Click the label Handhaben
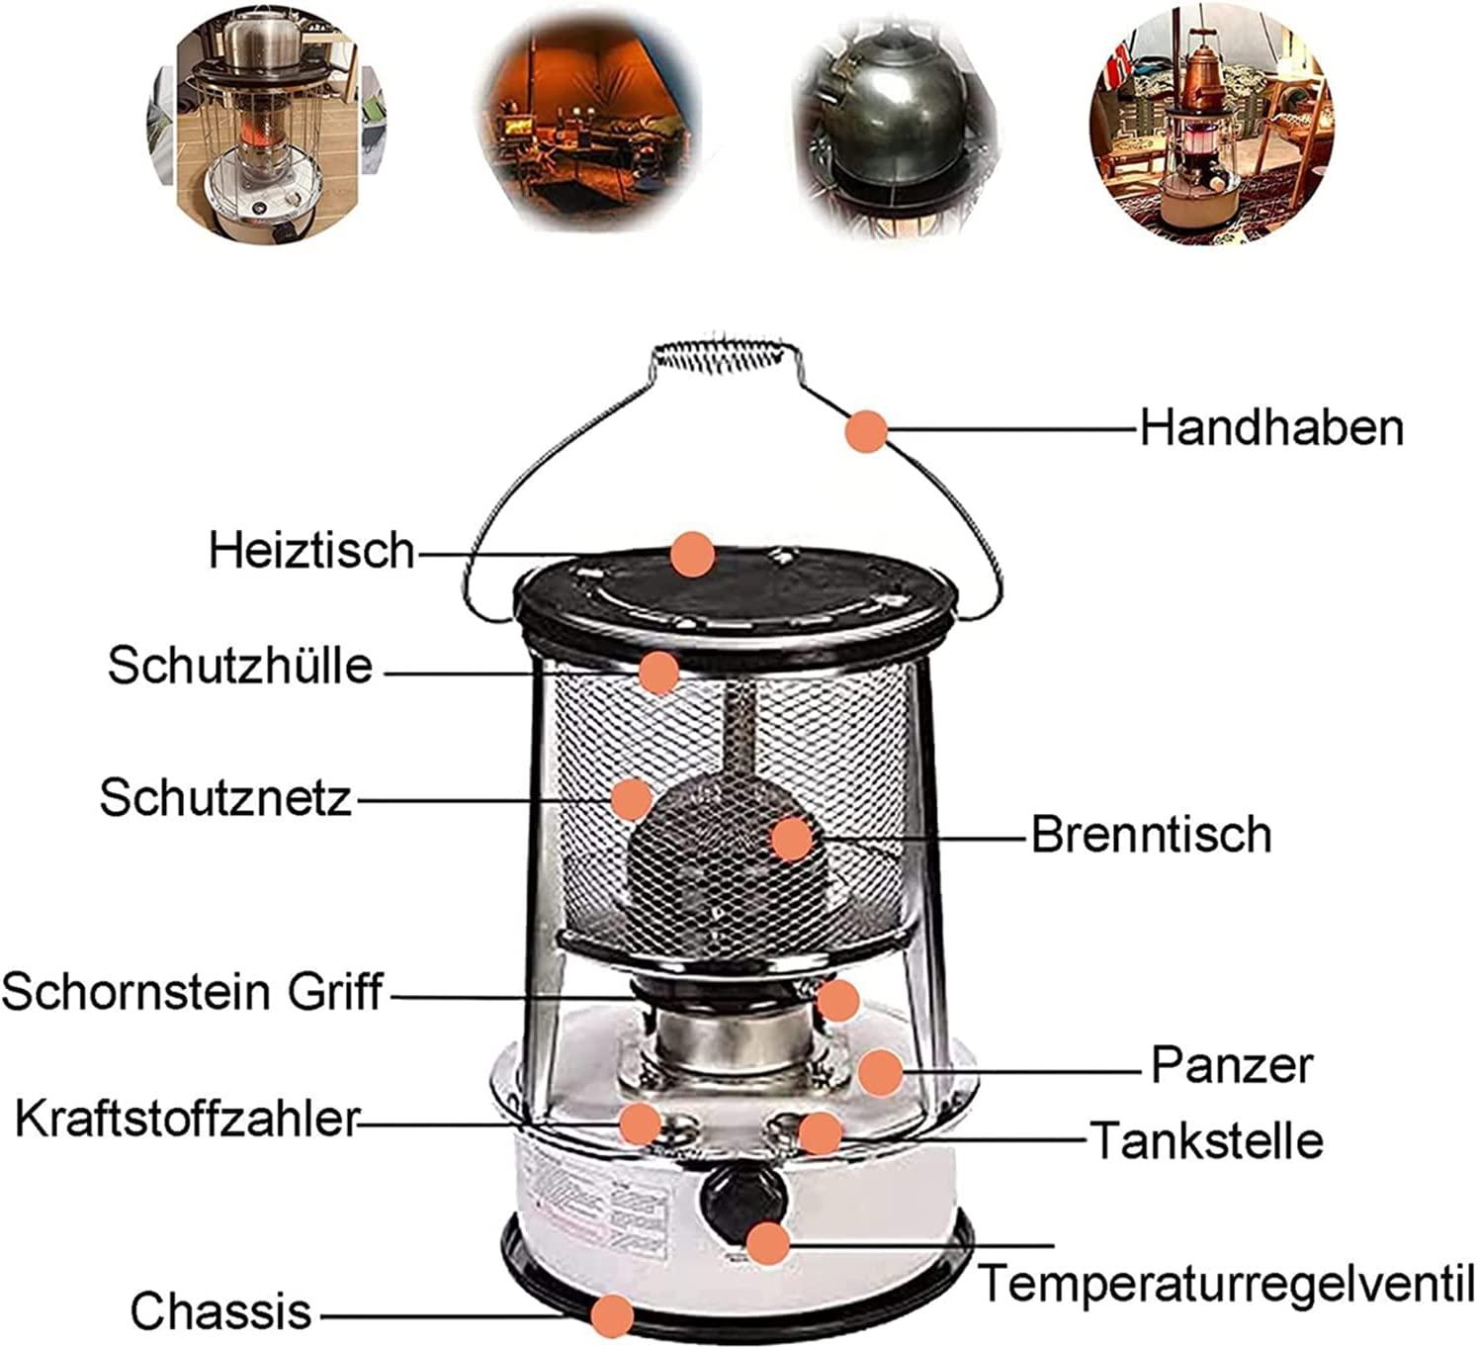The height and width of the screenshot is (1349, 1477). [x=1271, y=427]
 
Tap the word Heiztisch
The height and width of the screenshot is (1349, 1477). [x=312, y=550]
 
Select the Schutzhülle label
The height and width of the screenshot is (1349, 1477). [x=240, y=666]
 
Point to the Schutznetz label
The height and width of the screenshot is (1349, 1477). [x=225, y=798]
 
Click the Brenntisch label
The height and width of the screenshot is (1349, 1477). [x=1152, y=834]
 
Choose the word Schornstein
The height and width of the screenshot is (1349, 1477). [x=136, y=992]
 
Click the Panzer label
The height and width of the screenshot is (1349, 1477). [x=1232, y=1064]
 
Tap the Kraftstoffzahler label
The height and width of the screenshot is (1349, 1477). [x=186, y=1119]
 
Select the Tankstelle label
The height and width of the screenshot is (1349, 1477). [x=1206, y=1139]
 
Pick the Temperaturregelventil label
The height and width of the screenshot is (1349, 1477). [x=1226, y=1283]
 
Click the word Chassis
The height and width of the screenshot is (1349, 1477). [x=221, y=1311]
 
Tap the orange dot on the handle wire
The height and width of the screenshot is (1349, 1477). [x=866, y=431]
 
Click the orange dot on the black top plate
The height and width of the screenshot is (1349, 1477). [x=693, y=555]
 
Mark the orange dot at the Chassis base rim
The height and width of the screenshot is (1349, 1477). [x=612, y=1315]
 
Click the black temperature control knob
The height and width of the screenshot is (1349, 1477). [x=741, y=1199]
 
